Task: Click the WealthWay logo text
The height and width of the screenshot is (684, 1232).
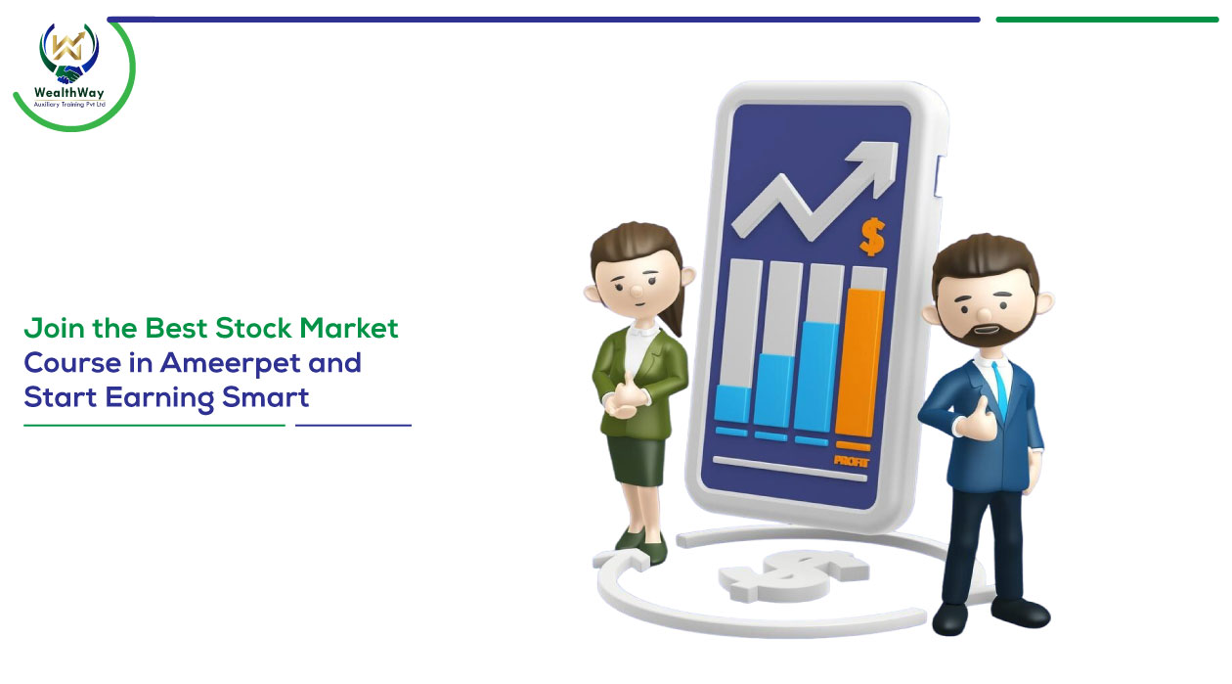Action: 68,93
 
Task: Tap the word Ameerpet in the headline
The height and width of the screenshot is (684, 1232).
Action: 231,364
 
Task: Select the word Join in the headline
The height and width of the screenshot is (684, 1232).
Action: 54,329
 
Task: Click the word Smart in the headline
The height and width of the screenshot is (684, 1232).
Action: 265,396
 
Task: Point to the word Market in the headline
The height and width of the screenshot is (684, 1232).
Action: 349,328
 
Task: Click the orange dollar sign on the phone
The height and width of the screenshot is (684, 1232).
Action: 872,237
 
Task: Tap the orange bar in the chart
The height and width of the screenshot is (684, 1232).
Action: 858,363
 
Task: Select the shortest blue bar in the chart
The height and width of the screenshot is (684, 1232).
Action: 732,404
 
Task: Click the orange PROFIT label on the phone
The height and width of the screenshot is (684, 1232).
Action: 851,461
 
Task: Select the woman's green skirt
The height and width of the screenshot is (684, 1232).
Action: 637,461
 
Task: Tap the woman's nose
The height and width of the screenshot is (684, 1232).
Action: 636,291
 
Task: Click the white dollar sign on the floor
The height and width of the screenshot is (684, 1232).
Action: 793,575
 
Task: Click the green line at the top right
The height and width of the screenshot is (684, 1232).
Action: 1107,20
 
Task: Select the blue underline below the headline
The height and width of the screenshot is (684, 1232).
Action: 353,426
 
